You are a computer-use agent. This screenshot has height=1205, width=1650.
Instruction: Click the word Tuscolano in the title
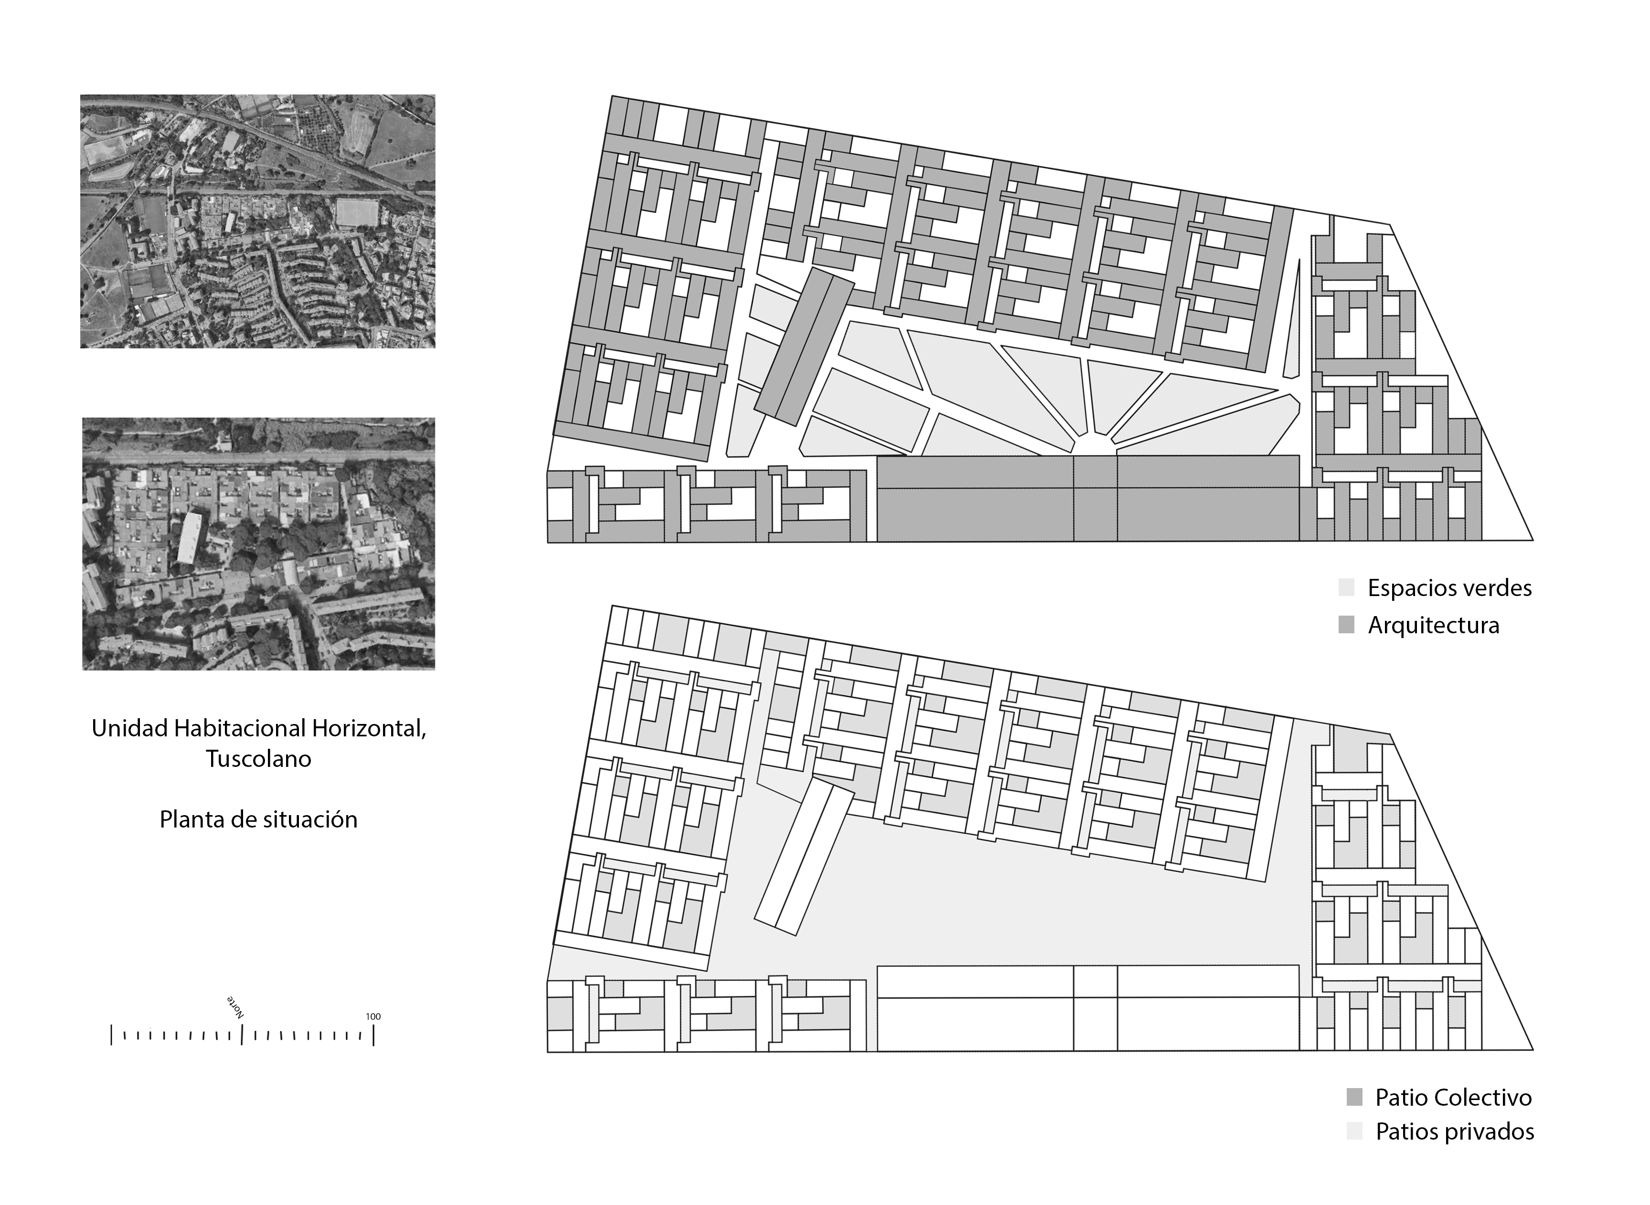(x=258, y=759)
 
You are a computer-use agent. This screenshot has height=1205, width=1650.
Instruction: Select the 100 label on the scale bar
(x=373, y=1016)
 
